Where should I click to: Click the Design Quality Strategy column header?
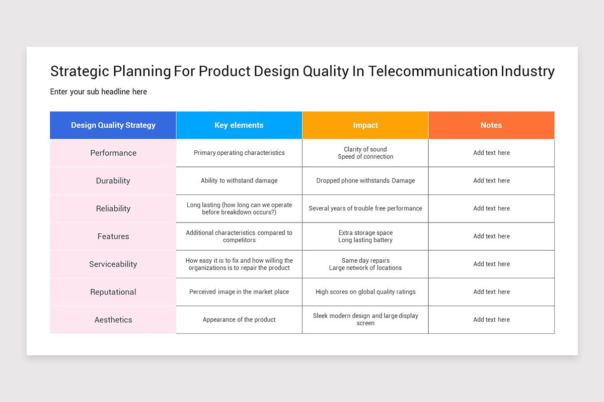(113, 125)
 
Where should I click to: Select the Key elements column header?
(239, 125)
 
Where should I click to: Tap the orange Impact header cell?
(365, 125)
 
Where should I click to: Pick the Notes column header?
(491, 125)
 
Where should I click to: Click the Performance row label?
(113, 153)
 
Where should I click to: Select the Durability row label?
(113, 180)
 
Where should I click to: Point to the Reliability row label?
(113, 209)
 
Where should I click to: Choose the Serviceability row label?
(113, 264)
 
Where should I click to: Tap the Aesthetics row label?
(113, 320)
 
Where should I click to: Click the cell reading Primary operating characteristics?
(239, 153)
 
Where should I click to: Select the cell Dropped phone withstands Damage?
(365, 180)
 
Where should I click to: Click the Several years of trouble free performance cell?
(365, 208)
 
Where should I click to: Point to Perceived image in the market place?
(239, 291)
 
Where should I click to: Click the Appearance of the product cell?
(239, 320)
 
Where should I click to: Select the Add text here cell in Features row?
(491, 236)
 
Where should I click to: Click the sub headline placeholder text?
(99, 91)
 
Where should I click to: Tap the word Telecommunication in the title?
(433, 71)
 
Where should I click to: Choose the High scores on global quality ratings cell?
(365, 291)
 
